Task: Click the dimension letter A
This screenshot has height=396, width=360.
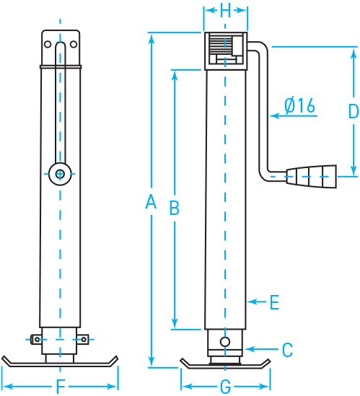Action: pos(151,203)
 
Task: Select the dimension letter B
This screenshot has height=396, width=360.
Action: pos(174,208)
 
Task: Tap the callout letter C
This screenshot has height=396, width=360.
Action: pos(287,351)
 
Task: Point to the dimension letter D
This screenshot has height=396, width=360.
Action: pos(353,111)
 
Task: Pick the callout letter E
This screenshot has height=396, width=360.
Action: pos(274,303)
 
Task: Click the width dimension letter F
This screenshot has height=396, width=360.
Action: pos(61,386)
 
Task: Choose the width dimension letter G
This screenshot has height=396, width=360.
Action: pos(226,387)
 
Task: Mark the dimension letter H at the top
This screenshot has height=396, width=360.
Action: pos(225,10)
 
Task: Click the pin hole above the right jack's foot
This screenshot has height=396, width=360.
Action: pos(226,340)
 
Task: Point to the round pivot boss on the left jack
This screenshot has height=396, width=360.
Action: pos(60,172)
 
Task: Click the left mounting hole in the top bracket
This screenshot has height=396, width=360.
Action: pos(48,44)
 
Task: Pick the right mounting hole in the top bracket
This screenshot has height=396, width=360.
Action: pos(73,44)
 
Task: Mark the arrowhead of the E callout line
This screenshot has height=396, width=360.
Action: pos(250,300)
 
